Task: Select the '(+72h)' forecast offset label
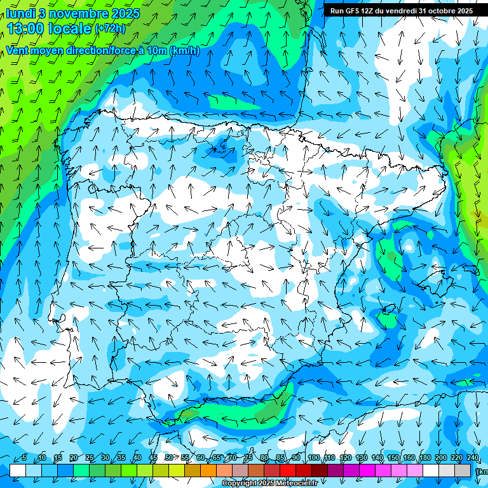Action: tap(110, 29)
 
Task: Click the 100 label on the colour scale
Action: tap(313, 458)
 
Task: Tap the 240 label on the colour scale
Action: tap(473, 458)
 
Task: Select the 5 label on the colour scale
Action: tap(24, 458)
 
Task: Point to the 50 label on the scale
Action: tap(168, 458)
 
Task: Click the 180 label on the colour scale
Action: tap(425, 458)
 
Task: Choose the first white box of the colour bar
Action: tap(18, 470)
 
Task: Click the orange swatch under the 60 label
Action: tap(208, 470)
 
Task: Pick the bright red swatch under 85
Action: tap(288, 470)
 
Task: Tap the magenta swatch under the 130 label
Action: tap(367, 470)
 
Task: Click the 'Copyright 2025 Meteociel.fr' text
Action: tap(269, 484)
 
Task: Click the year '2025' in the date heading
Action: tap(126, 13)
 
